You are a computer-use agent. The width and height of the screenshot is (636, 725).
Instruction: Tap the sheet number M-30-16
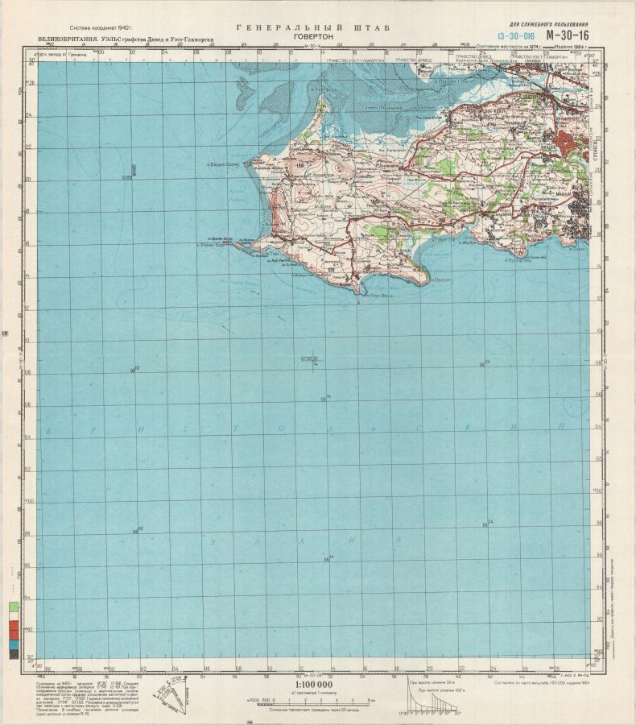[567, 35]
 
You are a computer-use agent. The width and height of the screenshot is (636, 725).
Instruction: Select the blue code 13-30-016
[516, 36]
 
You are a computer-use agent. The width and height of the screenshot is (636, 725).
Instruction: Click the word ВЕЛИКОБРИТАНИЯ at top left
[63, 39]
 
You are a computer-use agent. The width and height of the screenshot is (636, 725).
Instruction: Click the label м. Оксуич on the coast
[438, 280]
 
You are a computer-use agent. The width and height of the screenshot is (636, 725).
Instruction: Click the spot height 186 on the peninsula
[299, 166]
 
